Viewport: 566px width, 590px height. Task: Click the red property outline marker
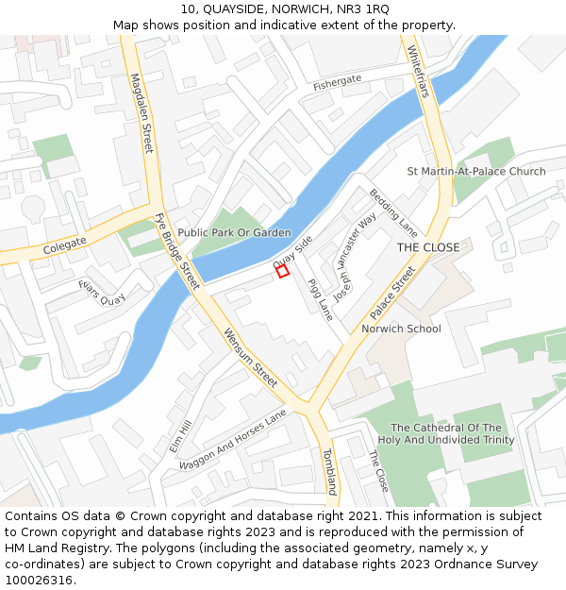282,271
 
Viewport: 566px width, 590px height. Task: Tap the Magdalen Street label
141,114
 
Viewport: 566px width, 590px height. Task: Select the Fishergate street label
338,84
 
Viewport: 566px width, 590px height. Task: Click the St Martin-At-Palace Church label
475,172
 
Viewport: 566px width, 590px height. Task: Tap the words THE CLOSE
427,247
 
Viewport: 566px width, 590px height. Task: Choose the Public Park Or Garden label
234,232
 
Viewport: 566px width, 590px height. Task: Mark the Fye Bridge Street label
177,252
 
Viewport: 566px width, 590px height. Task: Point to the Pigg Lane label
320,299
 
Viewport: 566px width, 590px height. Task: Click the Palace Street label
391,294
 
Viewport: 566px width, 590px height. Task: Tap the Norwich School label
401,329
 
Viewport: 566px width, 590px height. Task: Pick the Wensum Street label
250,358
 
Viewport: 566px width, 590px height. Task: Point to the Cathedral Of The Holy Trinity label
446,434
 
